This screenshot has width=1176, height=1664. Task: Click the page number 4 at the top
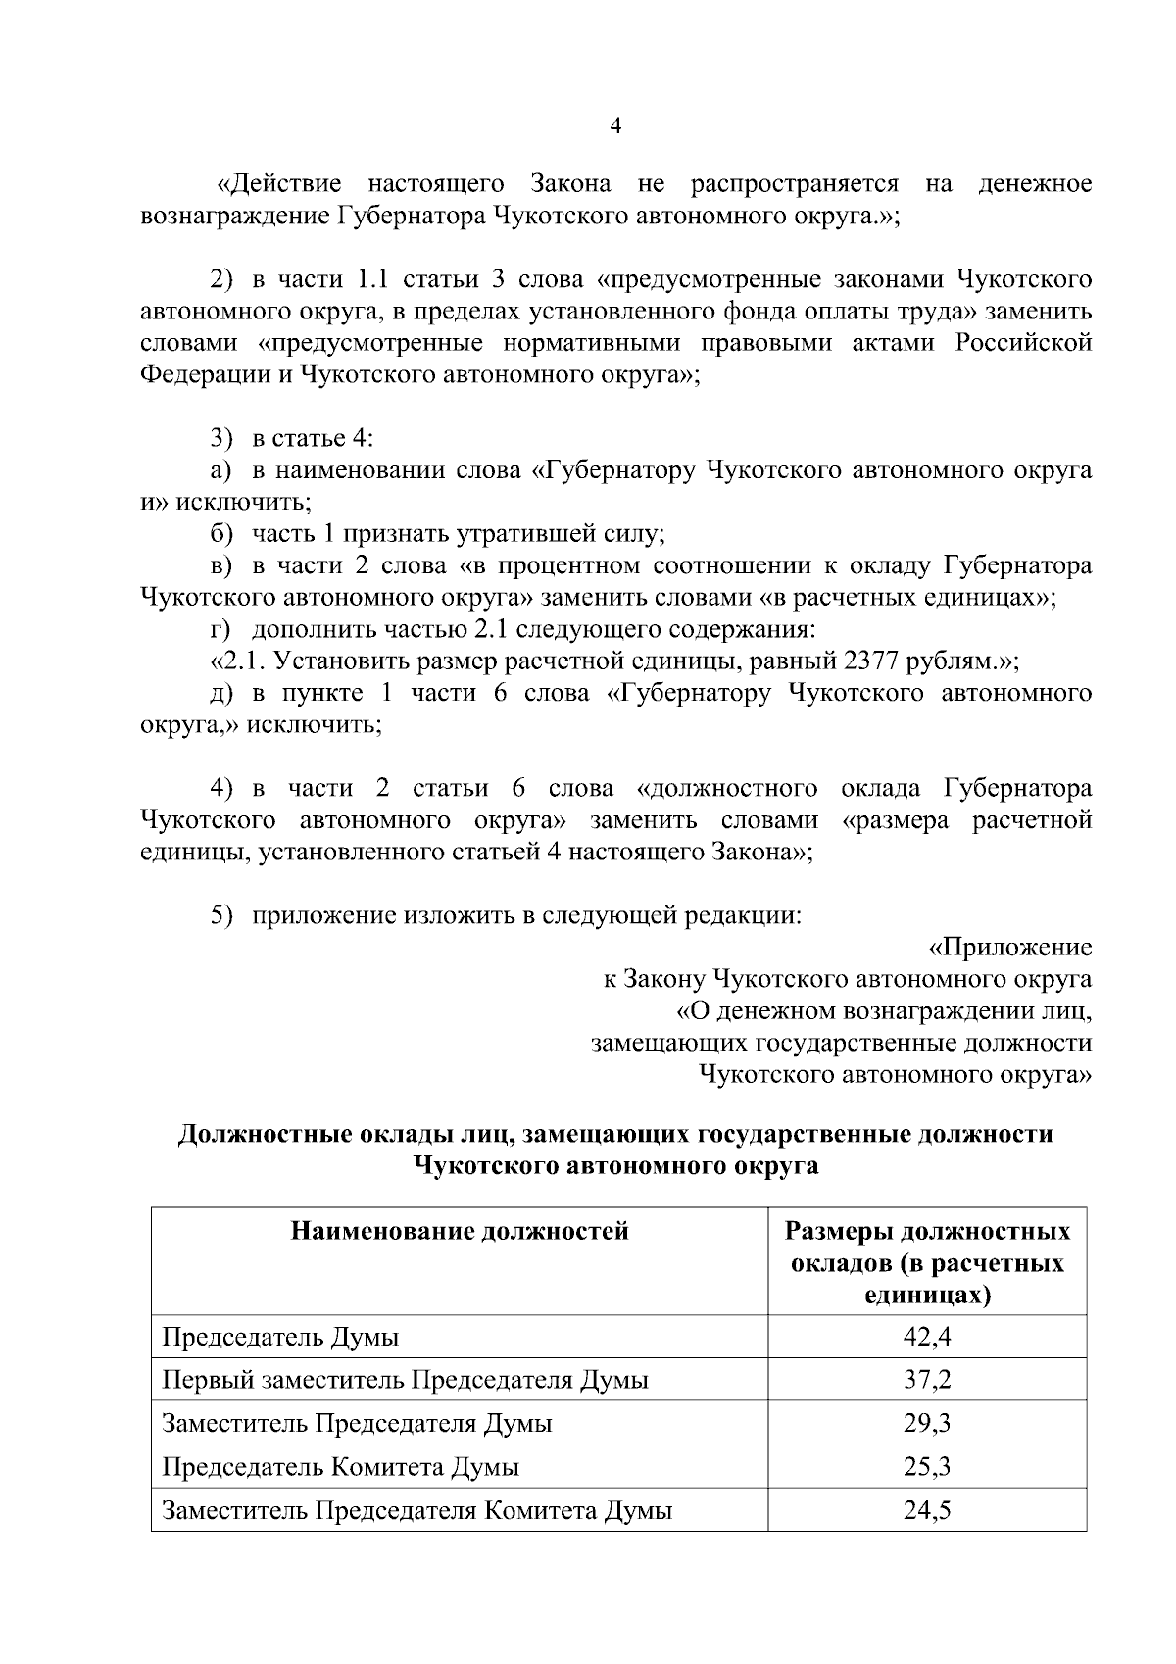click(x=615, y=126)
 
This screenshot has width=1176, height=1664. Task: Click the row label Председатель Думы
click(x=280, y=1338)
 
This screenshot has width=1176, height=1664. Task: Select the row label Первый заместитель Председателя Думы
click(x=405, y=1381)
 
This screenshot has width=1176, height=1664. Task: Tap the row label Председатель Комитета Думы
click(x=340, y=1467)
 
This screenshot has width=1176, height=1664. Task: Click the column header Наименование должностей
click(x=460, y=1231)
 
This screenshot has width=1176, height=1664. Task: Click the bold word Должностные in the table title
click(x=265, y=1135)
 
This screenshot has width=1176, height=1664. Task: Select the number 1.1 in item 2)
click(x=373, y=280)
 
